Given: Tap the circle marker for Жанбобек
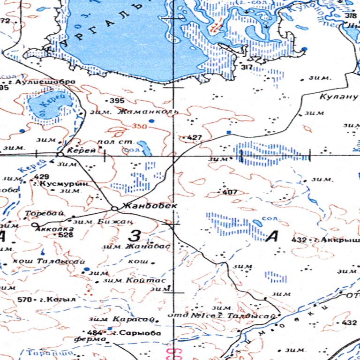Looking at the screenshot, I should pos(114,209).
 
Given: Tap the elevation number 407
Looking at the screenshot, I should pos(230,192).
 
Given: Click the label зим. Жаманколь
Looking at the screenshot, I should pos(134,112).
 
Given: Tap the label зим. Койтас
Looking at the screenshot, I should pos(133,280).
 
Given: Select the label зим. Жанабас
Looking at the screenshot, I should pos(136,246).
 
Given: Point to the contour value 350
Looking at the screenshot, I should pos(139,126).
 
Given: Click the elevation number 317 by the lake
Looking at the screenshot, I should pos(247,67).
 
